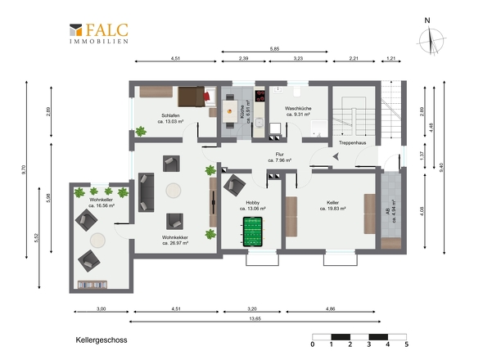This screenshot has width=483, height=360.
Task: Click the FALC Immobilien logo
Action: [99, 34]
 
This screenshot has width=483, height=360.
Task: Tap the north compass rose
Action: [431, 39]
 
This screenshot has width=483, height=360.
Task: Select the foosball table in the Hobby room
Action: [253, 232]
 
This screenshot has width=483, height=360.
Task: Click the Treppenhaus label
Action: [352, 143]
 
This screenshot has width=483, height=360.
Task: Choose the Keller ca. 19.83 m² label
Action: [332, 205]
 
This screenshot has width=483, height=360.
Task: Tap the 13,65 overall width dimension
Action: [255, 319]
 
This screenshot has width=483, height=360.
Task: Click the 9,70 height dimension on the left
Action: [24, 170]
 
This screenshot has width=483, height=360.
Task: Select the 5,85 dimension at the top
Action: [274, 48]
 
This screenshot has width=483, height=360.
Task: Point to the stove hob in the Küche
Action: [260, 95]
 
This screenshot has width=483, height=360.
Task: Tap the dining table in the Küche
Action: [229, 111]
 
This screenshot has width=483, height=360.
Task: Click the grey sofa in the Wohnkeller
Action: [146, 192]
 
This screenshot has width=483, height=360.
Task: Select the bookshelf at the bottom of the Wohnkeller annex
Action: [93, 285]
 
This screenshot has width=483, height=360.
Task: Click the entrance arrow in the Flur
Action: [336, 156]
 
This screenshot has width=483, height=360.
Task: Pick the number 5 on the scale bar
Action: [407, 344]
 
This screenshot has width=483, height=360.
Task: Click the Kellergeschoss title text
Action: [102, 340]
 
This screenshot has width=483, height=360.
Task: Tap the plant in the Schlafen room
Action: [141, 131]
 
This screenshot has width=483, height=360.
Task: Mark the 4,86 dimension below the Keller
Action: [330, 309]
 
